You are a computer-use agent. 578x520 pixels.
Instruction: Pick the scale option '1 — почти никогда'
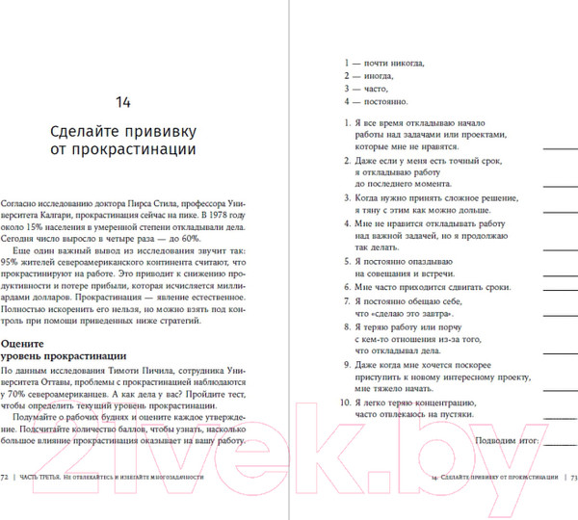click(383, 63)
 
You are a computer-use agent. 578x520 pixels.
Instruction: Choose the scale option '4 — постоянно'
click(377, 100)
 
